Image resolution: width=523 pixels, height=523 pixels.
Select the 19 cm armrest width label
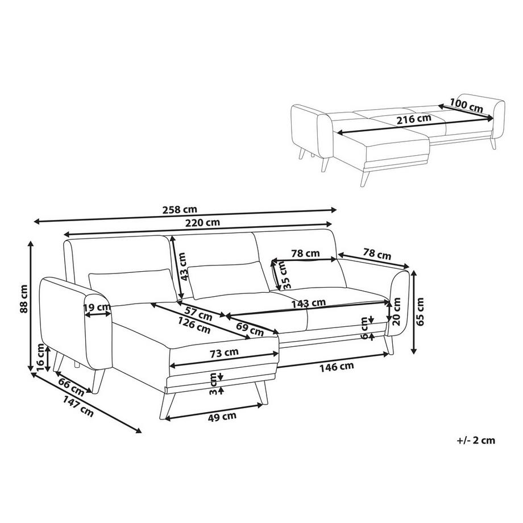(97, 308)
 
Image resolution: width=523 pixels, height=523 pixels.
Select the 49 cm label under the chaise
(222, 416)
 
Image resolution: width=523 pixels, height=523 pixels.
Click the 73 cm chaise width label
(224, 352)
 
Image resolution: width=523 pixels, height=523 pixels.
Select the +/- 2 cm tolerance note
(476, 439)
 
